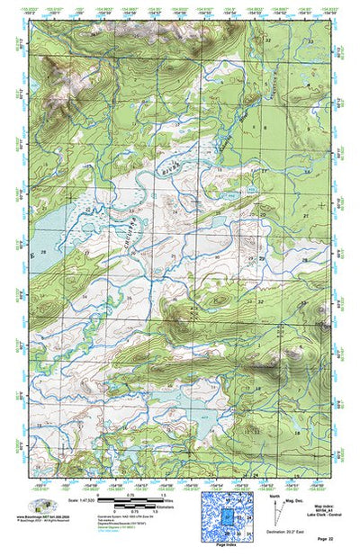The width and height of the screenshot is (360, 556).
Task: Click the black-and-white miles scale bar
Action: [x=127, y=498]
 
